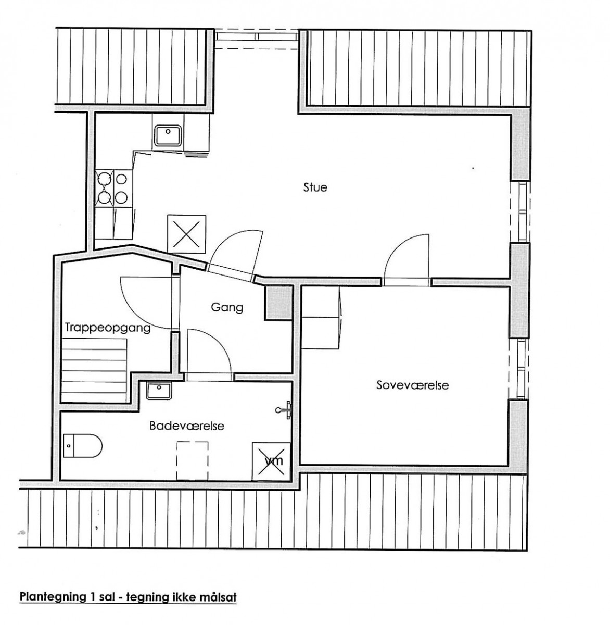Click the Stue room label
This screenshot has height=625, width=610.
[315, 187]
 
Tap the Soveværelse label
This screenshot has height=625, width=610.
[412, 385]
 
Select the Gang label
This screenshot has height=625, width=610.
[227, 307]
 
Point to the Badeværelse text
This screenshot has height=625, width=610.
[187, 426]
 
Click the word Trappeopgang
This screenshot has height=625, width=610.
[108, 328]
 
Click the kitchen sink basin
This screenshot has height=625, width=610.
[168, 135]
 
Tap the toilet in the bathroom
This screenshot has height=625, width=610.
[82, 446]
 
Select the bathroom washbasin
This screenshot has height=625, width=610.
[159, 391]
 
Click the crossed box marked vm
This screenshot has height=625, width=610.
[272, 461]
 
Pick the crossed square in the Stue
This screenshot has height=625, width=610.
[186, 234]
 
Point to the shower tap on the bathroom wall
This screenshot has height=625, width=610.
[284, 410]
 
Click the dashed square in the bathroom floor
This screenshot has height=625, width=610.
[192, 461]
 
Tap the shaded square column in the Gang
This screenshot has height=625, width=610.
[278, 303]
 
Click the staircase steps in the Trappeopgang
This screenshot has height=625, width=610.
[94, 370]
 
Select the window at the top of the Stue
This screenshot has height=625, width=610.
[257, 39]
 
